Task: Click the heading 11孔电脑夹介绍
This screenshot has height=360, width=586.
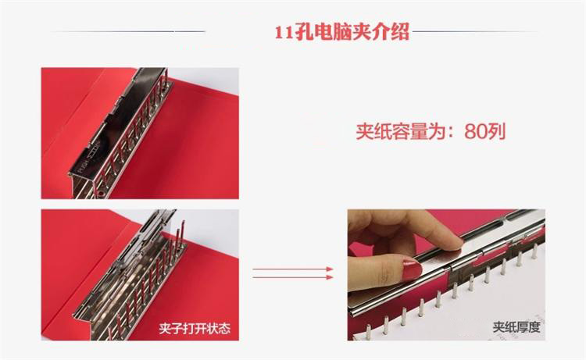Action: [342, 32]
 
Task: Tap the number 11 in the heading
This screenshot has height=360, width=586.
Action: [284, 33]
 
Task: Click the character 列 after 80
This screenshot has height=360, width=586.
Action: [497, 131]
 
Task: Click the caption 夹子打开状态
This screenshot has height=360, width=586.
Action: [195, 328]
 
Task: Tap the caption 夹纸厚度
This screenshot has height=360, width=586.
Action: [516, 327]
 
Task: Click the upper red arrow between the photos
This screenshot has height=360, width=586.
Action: [293, 269]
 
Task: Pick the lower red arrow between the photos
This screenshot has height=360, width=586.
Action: [293, 277]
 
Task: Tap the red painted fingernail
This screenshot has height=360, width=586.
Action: [411, 268]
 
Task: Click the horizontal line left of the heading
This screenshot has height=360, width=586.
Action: [128, 31]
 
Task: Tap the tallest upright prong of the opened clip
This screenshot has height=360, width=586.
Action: [182, 234]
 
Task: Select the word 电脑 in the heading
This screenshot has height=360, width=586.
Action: [333, 32]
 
